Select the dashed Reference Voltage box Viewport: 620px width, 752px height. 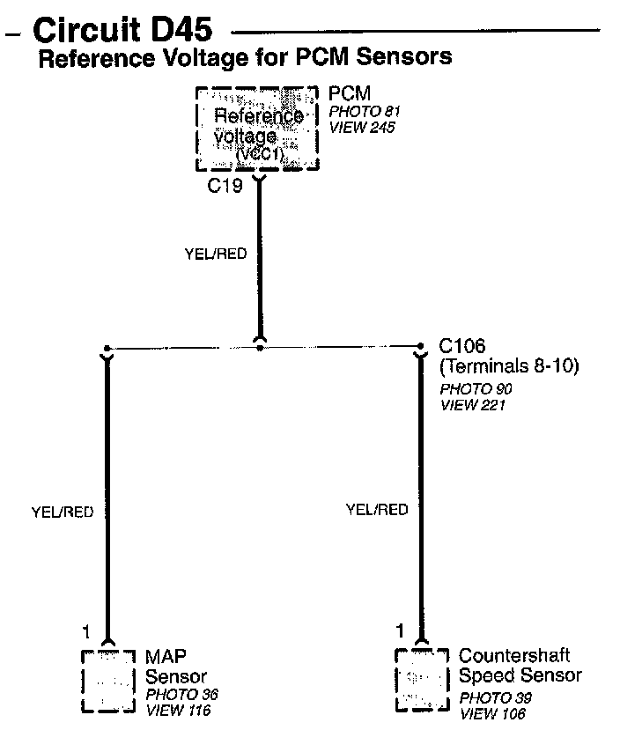tap(256, 129)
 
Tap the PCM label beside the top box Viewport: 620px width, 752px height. tap(350, 93)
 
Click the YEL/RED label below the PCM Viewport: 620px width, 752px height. tap(215, 254)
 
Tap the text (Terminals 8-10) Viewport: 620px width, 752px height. tap(508, 366)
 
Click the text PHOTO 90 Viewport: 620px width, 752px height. tap(476, 388)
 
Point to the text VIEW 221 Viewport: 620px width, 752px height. tap(472, 404)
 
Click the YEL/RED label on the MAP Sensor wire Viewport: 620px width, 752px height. tap(62, 512)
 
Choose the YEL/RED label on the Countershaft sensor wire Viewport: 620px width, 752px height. tap(377, 509)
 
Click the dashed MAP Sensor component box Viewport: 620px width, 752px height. tap(107, 680)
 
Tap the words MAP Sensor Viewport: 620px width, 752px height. tap(175, 667)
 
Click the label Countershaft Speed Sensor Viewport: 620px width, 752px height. tap(520, 666)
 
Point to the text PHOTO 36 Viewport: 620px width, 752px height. tap(181, 695)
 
